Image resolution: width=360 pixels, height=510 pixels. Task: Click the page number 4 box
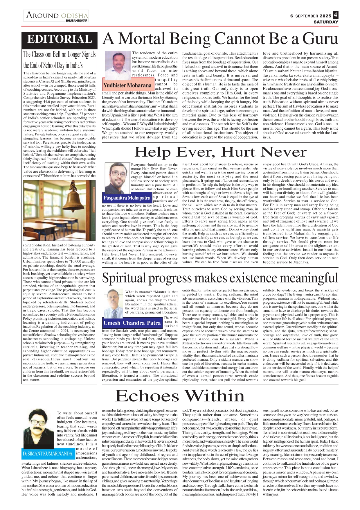335,15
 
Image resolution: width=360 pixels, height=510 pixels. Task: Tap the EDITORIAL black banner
60,40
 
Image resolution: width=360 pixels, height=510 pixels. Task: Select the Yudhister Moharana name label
127,85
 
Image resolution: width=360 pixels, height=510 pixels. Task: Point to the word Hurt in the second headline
238,152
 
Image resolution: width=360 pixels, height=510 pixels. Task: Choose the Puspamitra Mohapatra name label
127,198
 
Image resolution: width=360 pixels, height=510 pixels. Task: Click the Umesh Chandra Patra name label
132,323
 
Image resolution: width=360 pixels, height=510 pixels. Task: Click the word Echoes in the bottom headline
147,396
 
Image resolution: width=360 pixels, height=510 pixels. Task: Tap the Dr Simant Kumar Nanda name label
48,454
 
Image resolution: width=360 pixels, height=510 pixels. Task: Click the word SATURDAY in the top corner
326,22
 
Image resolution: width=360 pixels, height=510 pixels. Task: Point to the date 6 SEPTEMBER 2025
310,16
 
